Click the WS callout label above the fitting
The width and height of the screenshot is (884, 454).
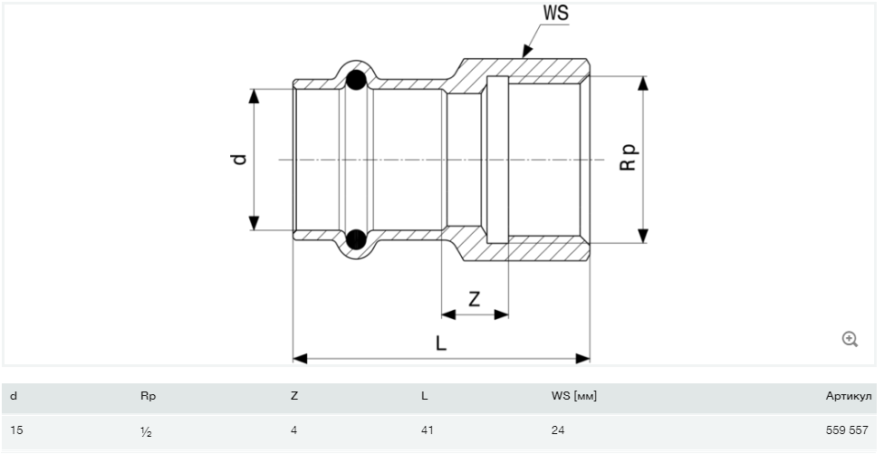556,14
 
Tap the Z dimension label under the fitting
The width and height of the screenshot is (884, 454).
474,298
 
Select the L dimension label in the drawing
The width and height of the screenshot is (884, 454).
440,343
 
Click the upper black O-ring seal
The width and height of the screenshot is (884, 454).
356,79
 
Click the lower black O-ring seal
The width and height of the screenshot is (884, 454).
356,239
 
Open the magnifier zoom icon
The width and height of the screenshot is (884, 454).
850,339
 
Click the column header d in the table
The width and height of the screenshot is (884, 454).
14,396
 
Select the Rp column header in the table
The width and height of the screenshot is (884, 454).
149,396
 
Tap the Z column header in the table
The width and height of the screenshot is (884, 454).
293,396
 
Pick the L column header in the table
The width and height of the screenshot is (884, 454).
424,396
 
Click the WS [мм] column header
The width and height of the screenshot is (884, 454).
573,396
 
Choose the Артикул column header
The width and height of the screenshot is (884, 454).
848,396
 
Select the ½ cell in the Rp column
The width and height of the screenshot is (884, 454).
146,431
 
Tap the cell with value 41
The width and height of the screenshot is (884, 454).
427,430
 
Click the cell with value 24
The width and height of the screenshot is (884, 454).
557,430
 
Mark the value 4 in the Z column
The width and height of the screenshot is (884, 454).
293,430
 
